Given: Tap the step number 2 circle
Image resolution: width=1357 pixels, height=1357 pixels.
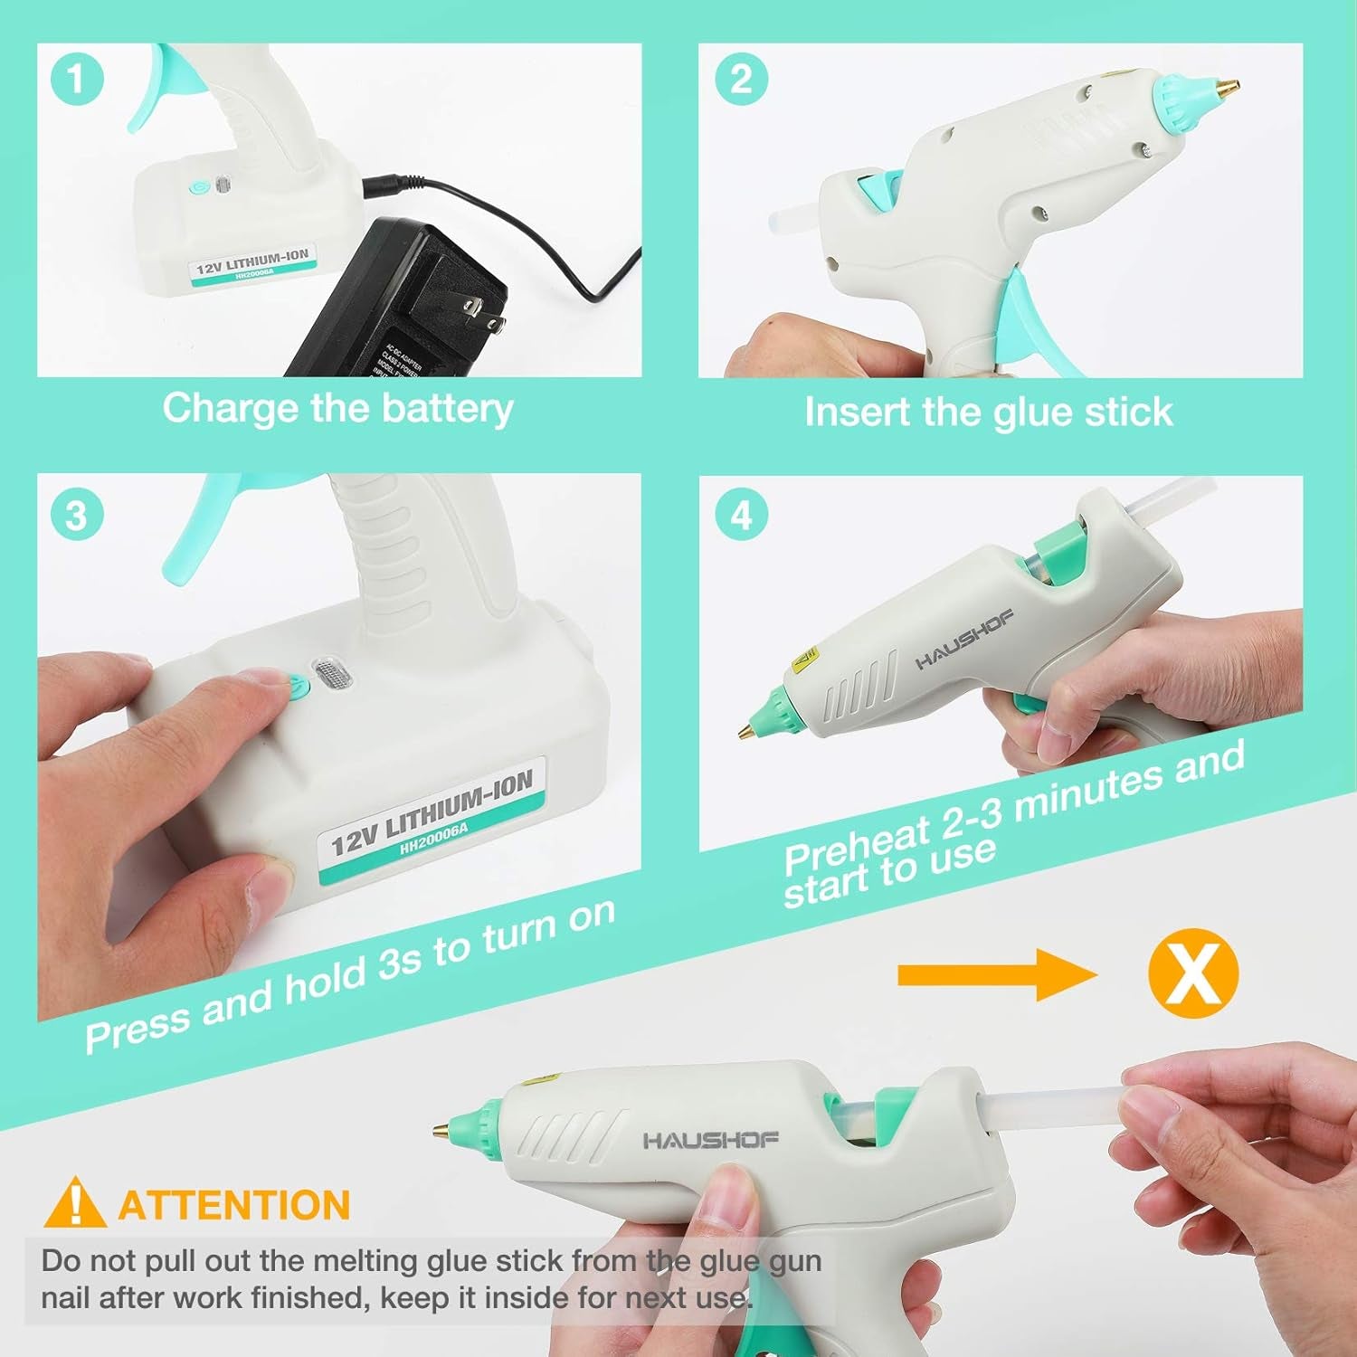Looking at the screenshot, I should tap(741, 79).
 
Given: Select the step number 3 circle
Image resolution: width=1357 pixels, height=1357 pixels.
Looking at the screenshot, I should tap(76, 516).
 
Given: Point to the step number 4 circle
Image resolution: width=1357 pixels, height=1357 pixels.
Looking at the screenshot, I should tap(741, 516).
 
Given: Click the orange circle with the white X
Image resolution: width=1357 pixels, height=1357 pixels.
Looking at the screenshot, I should tap(1192, 974).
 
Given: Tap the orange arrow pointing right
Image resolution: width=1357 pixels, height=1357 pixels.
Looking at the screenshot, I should tap(995, 974).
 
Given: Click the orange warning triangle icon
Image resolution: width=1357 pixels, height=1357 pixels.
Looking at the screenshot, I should tap(75, 1203).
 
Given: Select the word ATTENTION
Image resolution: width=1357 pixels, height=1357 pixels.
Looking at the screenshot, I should tap(234, 1206).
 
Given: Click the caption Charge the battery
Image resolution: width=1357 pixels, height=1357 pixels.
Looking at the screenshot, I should tap(337, 408).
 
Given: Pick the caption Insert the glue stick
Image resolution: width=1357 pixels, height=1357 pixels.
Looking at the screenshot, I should tap(988, 413).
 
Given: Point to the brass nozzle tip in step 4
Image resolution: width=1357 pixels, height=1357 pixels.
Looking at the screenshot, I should tap(746, 729).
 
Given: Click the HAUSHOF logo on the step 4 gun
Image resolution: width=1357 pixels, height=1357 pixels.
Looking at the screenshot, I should tap(964, 640).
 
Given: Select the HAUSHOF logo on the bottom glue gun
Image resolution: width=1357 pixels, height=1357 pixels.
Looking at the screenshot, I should tap(710, 1140).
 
